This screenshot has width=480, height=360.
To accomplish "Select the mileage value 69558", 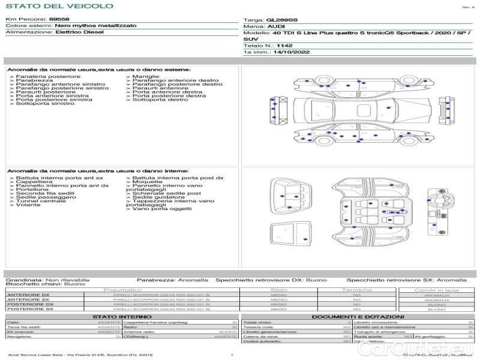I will click(59, 19).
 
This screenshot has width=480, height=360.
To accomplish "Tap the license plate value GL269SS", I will click(281, 20).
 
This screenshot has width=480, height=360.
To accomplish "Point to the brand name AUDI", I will click(277, 27).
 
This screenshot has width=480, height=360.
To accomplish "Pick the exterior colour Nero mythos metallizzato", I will click(95, 26).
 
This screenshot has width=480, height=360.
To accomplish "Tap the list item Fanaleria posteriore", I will click(48, 77).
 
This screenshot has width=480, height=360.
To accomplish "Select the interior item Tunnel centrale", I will click(41, 201).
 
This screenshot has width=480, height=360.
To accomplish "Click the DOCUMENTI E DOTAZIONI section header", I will click(358, 317).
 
